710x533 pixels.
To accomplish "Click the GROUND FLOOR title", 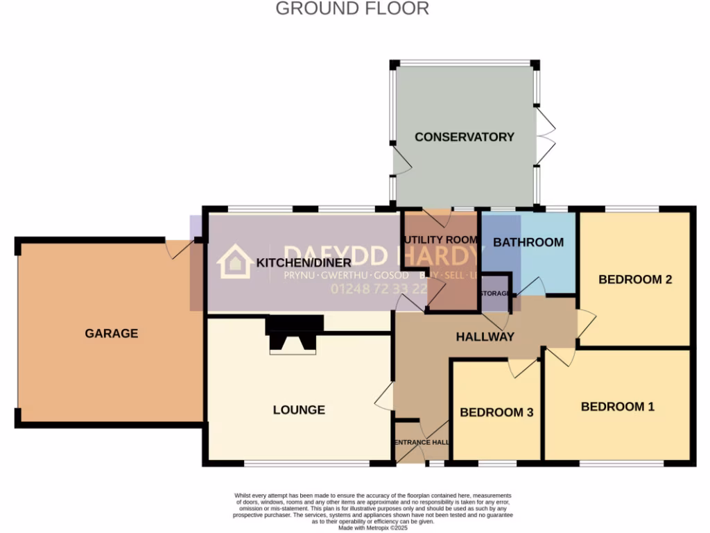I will pos(352,9).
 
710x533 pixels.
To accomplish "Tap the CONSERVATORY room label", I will pos(464,137).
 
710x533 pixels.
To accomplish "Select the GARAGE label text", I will pos(112,333).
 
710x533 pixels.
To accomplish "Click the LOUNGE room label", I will pos(299,409).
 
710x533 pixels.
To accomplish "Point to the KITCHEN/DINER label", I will pos(304,263).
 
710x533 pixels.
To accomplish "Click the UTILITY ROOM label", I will pos(441,239).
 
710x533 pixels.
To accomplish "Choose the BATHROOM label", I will pos(528,242).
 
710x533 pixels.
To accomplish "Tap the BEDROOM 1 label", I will pos(617,406).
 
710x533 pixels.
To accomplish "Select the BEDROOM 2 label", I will pos(635,280).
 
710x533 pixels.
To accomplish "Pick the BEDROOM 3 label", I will pos(496,412).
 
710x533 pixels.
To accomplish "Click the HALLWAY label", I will pos(485,337).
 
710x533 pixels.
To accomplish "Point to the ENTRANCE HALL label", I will pos(422,442).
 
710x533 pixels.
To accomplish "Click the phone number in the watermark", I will pos(379,289).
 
